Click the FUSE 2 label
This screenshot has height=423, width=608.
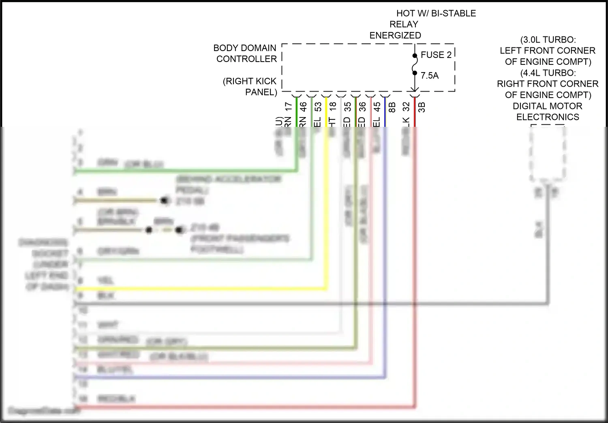pos(436,55)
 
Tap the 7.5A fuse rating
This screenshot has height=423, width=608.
pos(430,76)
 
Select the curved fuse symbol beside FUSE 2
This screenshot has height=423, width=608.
pos(414,64)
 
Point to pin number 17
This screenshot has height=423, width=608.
pos(289,107)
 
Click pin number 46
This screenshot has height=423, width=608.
pos(303,107)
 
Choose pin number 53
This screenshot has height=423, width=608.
pos(318,107)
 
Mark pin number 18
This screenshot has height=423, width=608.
pos(333,107)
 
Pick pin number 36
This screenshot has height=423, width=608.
pos(362,107)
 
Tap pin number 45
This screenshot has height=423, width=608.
pos(377,107)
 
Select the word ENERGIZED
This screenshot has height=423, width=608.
pos(395,36)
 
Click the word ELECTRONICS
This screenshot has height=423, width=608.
pos(548,117)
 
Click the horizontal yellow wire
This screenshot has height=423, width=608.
pos(203,289)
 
